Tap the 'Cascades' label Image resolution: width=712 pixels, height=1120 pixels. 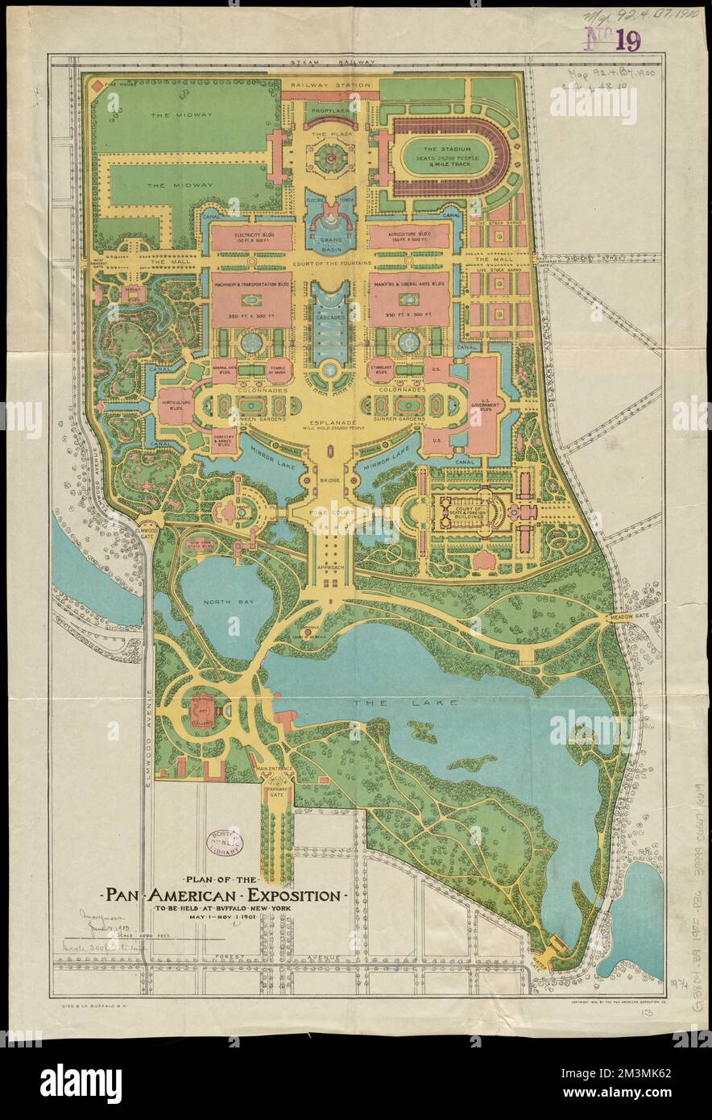pos(329,317)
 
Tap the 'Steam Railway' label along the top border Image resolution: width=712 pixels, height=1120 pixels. pos(331,62)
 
